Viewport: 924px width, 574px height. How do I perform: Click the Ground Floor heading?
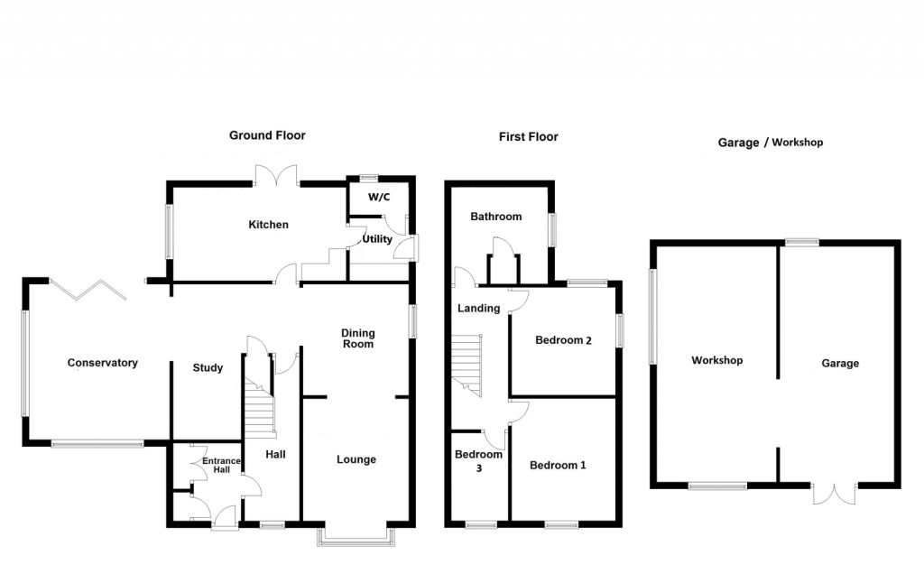point(267,135)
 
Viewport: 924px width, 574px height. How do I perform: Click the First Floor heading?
point(529,137)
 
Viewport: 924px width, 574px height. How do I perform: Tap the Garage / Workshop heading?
point(771,143)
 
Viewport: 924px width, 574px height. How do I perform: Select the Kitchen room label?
point(269,224)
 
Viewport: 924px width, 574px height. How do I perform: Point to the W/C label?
point(378,198)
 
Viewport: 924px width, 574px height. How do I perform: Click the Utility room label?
point(377,239)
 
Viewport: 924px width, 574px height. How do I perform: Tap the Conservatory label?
point(103,363)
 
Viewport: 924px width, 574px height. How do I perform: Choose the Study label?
point(208,367)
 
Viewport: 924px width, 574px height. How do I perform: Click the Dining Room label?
point(357,338)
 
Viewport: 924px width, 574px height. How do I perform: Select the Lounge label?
point(356,459)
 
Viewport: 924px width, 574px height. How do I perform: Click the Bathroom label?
point(496,217)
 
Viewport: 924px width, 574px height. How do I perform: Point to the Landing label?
point(478,308)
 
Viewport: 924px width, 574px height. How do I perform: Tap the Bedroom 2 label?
point(563,340)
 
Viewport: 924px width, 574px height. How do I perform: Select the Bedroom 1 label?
point(558,466)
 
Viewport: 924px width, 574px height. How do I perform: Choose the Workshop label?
point(717,360)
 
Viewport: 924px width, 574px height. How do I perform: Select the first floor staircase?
point(467,361)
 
